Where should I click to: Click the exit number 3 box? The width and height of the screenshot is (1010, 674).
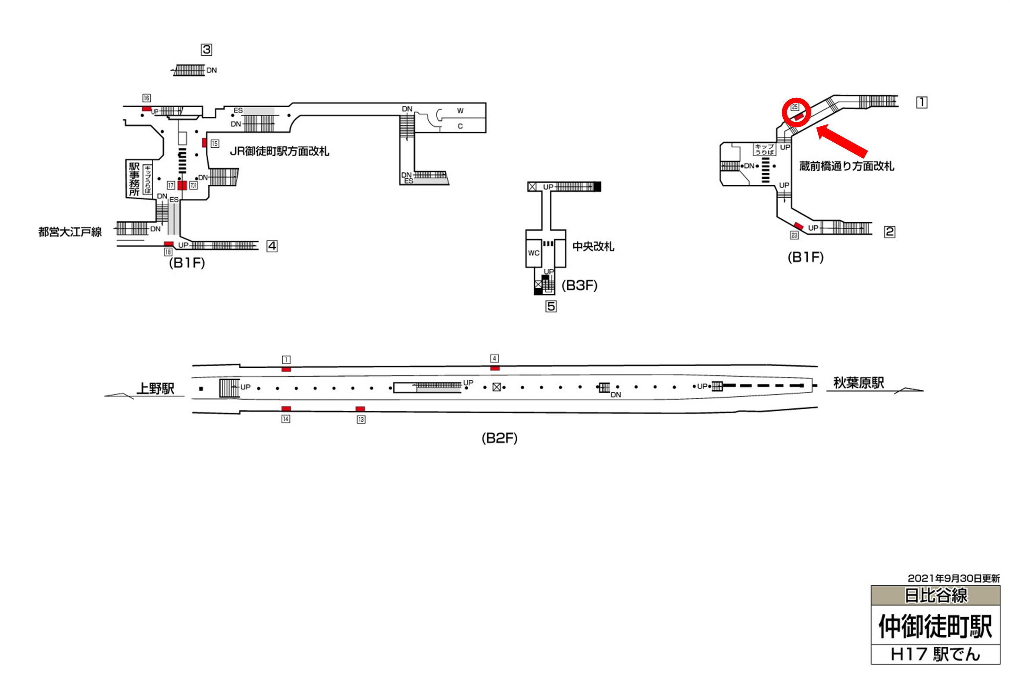[x=206, y=50]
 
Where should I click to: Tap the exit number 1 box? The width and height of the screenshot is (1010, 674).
[x=922, y=102]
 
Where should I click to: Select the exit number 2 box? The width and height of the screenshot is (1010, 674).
[x=889, y=232]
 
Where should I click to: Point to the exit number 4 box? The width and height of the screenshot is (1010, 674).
[x=272, y=246]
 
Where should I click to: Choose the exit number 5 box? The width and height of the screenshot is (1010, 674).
[x=551, y=307]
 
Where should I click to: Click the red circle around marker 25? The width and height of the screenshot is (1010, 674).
[x=796, y=112]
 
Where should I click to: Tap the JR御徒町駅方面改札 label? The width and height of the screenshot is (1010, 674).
[x=279, y=152]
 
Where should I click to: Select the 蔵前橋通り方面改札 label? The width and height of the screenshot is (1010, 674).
[x=847, y=166]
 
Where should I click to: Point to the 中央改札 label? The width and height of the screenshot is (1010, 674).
[x=593, y=247]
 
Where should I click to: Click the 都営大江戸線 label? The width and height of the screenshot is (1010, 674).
[x=70, y=233]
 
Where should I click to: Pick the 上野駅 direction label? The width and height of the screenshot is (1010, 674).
[x=155, y=388]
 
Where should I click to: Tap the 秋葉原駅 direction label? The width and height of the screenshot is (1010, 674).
[x=858, y=383]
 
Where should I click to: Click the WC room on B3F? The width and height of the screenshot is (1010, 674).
[x=533, y=253]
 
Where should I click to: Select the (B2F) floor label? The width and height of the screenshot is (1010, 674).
[x=499, y=438]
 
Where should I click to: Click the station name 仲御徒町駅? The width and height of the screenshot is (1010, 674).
[x=935, y=626]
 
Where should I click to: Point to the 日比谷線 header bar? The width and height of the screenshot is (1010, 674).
[x=935, y=596]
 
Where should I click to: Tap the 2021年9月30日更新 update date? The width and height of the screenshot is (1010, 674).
[x=954, y=578]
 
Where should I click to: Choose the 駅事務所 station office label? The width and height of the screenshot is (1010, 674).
[x=134, y=179]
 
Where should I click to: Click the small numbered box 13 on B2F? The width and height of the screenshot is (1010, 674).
[x=361, y=419]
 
